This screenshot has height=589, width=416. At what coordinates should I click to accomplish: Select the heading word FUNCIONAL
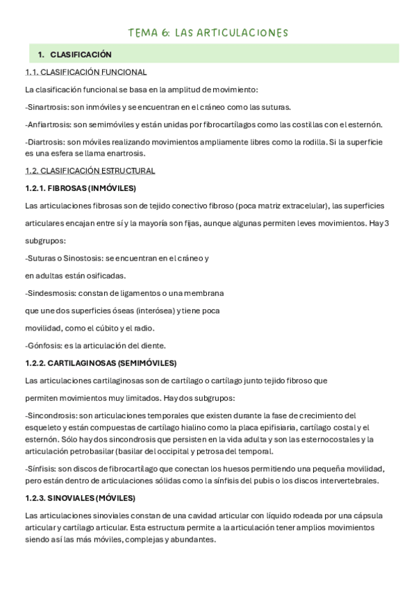125,72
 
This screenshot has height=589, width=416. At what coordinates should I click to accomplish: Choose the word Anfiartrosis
50,124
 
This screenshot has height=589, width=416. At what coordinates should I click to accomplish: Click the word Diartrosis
47,142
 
